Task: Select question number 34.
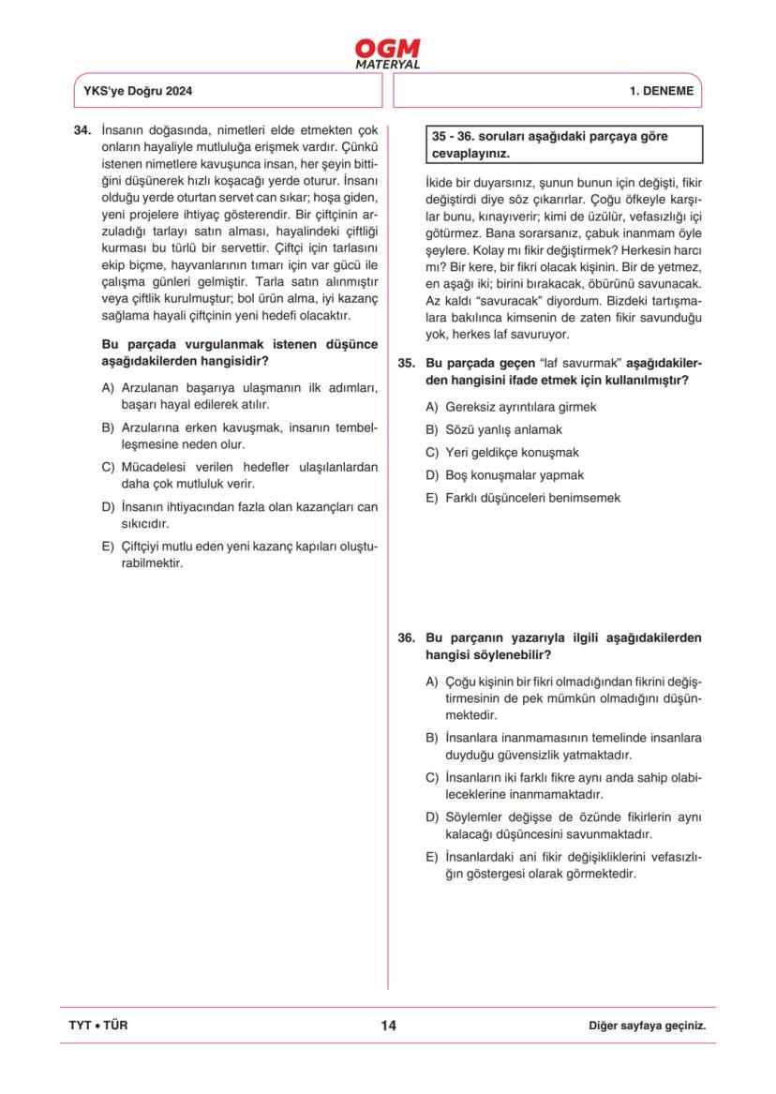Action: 82,130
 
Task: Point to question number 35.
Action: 406,364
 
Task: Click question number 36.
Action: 406,637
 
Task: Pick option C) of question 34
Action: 239,475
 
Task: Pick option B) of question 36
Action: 562,745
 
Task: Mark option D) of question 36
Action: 562,825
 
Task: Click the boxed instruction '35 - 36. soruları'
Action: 548,144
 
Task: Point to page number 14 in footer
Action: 388,1026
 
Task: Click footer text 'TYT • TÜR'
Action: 98,1026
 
